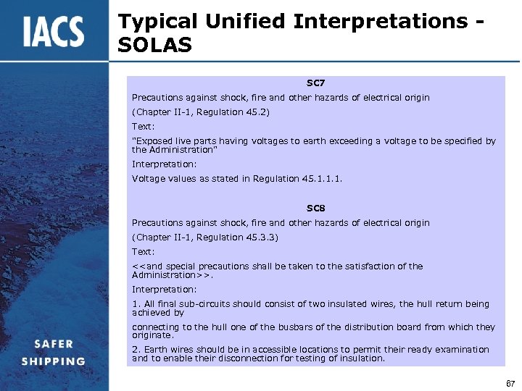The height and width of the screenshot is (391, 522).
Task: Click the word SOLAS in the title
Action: tap(154, 46)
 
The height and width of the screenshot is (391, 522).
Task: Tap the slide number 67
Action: tap(510, 382)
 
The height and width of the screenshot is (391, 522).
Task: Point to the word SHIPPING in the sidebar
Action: tap(53, 361)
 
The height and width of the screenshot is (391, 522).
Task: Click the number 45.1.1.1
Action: tap(317, 179)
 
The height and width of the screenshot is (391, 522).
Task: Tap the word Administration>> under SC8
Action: tap(172, 275)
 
